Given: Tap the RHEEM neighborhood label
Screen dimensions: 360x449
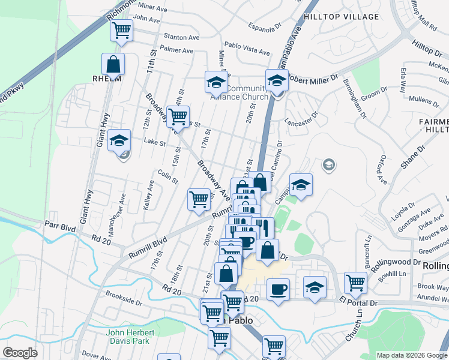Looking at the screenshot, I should coord(107,79).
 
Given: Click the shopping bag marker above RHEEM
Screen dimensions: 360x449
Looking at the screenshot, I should coord(113,64).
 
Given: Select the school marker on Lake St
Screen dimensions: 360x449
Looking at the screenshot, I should coord(119,141).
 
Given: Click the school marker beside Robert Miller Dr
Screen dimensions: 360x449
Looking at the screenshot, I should coord(277,80).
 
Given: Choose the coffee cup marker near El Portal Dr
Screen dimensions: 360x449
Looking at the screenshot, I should coord(277,290).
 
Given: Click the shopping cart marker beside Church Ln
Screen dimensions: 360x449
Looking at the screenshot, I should coord(355,283).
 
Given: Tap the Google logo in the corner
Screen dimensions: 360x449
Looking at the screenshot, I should coord(20,353).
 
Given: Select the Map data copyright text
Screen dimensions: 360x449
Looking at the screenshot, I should coord(412,355).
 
